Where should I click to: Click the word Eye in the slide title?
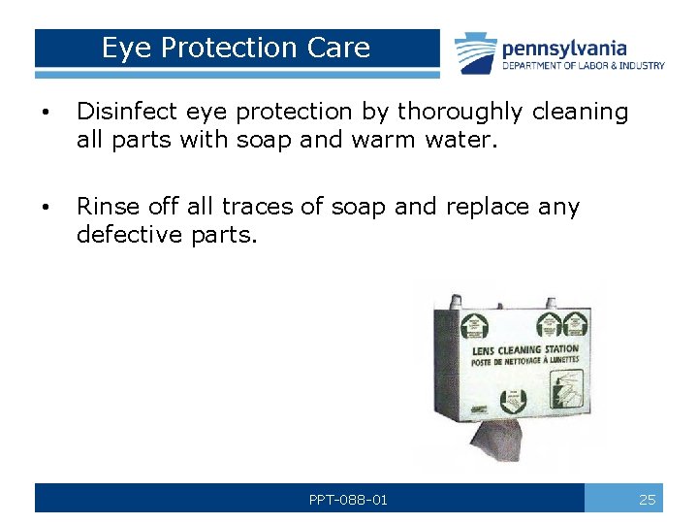click(121, 48)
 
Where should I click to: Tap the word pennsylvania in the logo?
click(564, 49)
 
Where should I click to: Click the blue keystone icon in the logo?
click(475, 52)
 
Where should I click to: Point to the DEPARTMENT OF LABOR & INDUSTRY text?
click(584, 66)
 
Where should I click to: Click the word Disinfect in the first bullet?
click(118, 112)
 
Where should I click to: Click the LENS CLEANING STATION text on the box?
click(524, 349)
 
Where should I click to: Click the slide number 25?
click(648, 500)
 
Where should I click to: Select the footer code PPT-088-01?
click(348, 500)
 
